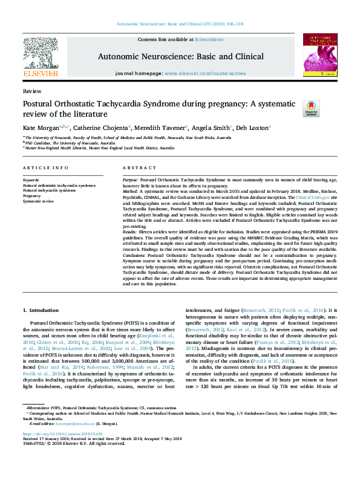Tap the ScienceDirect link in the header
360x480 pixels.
click(209, 39)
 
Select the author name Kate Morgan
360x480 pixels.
click(41, 128)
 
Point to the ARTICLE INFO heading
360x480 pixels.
click(45, 167)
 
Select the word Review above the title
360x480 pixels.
click(31, 91)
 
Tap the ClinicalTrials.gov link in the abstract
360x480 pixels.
click(311, 196)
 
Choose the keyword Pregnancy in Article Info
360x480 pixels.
click(32, 196)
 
